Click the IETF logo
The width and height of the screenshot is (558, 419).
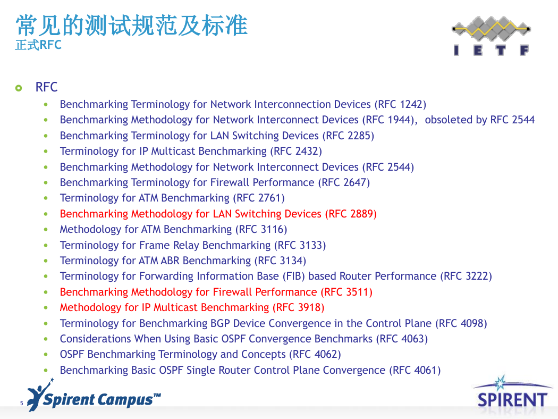491,36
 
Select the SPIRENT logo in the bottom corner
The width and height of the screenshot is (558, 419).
512,395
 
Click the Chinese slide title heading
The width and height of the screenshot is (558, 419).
131,26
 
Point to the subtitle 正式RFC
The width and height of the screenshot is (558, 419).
38,45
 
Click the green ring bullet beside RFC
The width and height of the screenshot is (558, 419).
19,88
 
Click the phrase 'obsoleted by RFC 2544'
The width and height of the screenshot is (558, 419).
480,120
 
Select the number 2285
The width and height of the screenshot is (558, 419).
359,136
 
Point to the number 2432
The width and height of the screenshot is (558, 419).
307,152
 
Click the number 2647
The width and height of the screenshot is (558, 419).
354,182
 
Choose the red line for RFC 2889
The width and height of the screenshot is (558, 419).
218,214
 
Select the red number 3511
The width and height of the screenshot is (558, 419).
357,292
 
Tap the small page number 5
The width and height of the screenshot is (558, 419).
22,404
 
